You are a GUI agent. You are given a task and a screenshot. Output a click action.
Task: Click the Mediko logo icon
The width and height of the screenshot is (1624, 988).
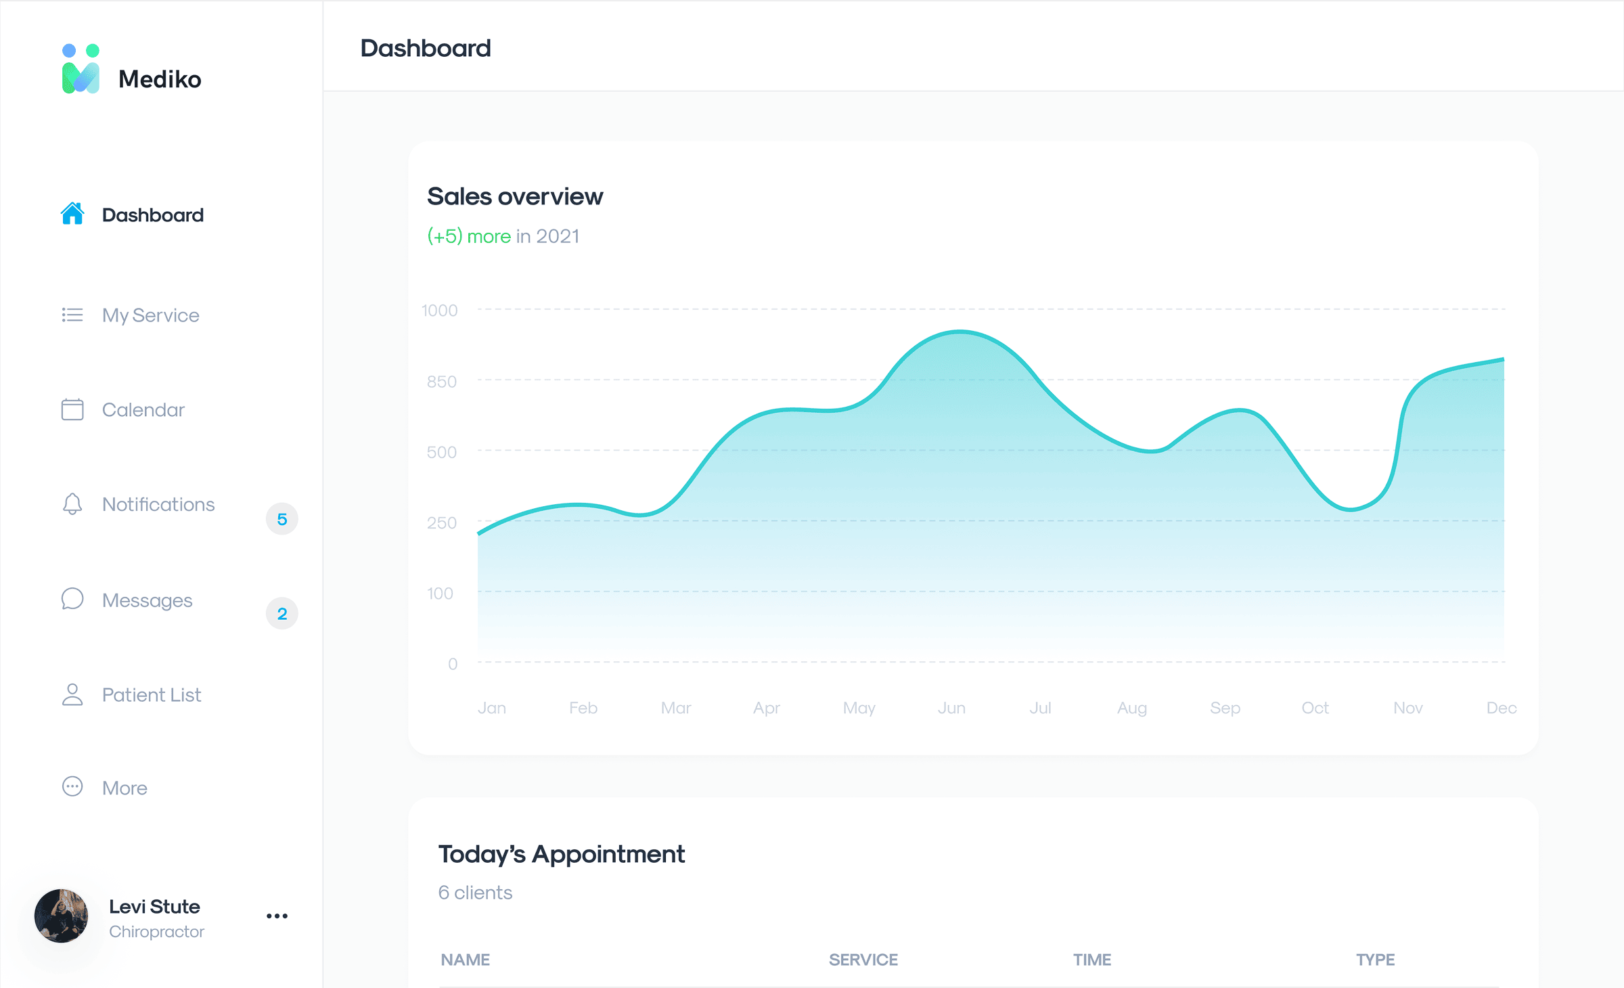(x=81, y=70)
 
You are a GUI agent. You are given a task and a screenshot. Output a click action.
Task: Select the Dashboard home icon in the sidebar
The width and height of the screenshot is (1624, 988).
(x=72, y=214)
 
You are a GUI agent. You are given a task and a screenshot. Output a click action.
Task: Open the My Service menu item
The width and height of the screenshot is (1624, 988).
(x=150, y=315)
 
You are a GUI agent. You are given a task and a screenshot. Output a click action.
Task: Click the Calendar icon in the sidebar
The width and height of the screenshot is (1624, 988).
(x=72, y=409)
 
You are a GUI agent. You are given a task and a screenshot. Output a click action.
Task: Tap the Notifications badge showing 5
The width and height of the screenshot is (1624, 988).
(x=282, y=519)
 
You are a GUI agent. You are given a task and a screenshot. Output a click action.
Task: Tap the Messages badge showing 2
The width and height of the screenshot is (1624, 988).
(x=282, y=614)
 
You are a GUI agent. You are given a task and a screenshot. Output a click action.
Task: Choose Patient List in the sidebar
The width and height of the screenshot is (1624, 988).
(x=152, y=695)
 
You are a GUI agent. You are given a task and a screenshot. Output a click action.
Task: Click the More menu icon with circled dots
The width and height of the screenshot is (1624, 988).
(x=72, y=786)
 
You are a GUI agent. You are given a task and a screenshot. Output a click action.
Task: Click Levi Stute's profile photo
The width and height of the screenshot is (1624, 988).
(x=62, y=916)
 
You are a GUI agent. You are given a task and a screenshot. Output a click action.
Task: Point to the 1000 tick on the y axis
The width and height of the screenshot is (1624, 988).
(x=440, y=311)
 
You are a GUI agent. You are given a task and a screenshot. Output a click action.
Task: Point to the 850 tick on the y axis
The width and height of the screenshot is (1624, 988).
(x=442, y=382)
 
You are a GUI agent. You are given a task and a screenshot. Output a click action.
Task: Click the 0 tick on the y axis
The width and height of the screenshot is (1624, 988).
(x=453, y=664)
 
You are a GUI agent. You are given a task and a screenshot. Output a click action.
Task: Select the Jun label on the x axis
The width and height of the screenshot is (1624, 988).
(x=951, y=708)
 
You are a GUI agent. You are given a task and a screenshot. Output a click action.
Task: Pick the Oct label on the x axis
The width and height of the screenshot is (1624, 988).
(x=1315, y=708)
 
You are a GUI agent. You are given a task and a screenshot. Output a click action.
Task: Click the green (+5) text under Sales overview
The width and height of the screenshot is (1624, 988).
(x=445, y=236)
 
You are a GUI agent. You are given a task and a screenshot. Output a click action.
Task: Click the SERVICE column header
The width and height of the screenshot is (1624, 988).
(x=863, y=960)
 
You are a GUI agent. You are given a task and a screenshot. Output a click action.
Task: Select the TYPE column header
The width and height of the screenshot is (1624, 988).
(x=1375, y=960)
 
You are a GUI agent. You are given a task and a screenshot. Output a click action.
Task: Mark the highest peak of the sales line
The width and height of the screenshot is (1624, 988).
(x=960, y=332)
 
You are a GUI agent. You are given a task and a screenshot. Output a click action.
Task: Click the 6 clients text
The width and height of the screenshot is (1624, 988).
(x=475, y=893)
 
